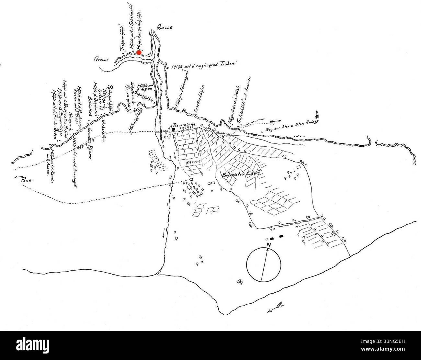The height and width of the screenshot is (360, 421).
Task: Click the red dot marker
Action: tap(139, 52)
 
